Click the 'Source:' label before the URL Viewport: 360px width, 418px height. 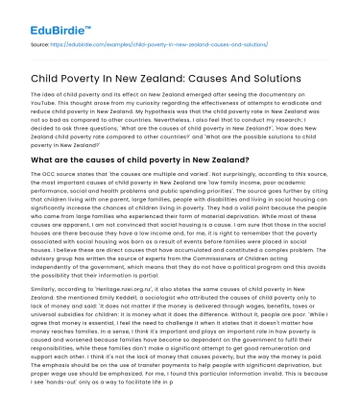[42, 45]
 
